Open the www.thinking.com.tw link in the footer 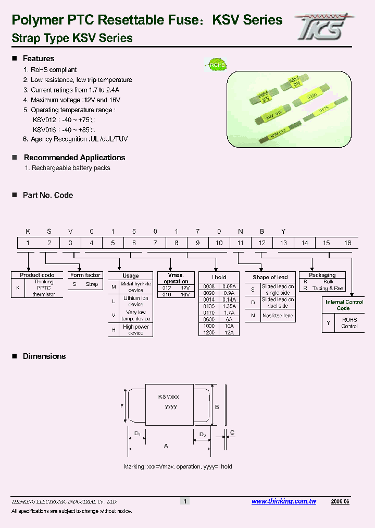point(284,501)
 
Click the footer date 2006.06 point(340,501)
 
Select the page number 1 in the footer point(184,501)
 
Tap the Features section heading point(39,58)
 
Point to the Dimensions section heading point(44,356)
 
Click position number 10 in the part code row point(219,243)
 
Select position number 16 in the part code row point(347,243)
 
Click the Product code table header point(37,275)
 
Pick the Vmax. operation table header point(176,278)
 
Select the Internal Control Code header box point(344,305)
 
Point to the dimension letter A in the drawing point(166,446)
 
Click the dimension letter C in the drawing point(232,433)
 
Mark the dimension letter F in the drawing point(121,406)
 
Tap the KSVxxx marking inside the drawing point(169,398)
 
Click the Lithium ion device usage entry point(136,301)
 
